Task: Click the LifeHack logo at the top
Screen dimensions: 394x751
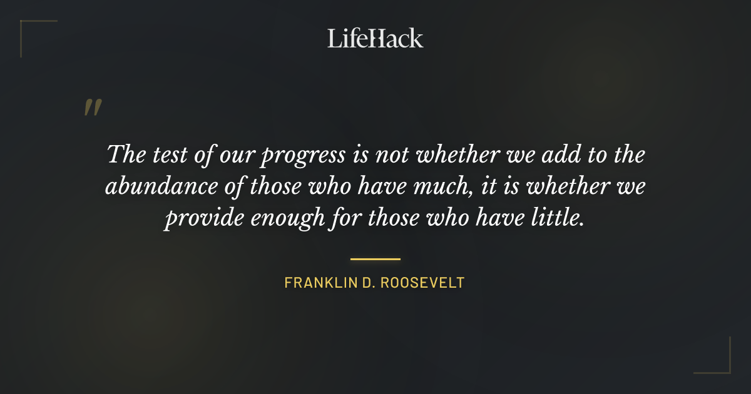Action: point(375,38)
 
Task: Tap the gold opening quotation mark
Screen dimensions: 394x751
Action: point(92,108)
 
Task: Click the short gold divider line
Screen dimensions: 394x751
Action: point(375,258)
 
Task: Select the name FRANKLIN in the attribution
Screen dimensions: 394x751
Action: point(319,283)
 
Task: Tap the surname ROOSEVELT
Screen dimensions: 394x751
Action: point(426,283)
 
